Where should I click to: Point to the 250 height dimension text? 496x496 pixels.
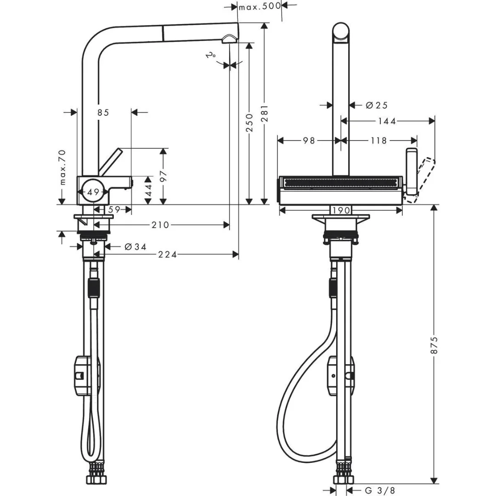coord(249,123)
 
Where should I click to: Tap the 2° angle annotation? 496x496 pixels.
coord(212,56)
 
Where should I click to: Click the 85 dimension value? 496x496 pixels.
coord(103,112)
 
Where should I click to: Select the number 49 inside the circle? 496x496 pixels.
coord(93,192)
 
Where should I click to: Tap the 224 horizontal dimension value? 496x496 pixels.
coord(168,254)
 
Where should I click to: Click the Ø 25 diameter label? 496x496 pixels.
coord(376,105)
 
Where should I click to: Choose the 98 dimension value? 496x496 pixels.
coord(309,141)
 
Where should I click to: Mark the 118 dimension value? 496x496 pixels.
coord(378,141)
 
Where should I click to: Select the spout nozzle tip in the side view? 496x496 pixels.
coord(228,40)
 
